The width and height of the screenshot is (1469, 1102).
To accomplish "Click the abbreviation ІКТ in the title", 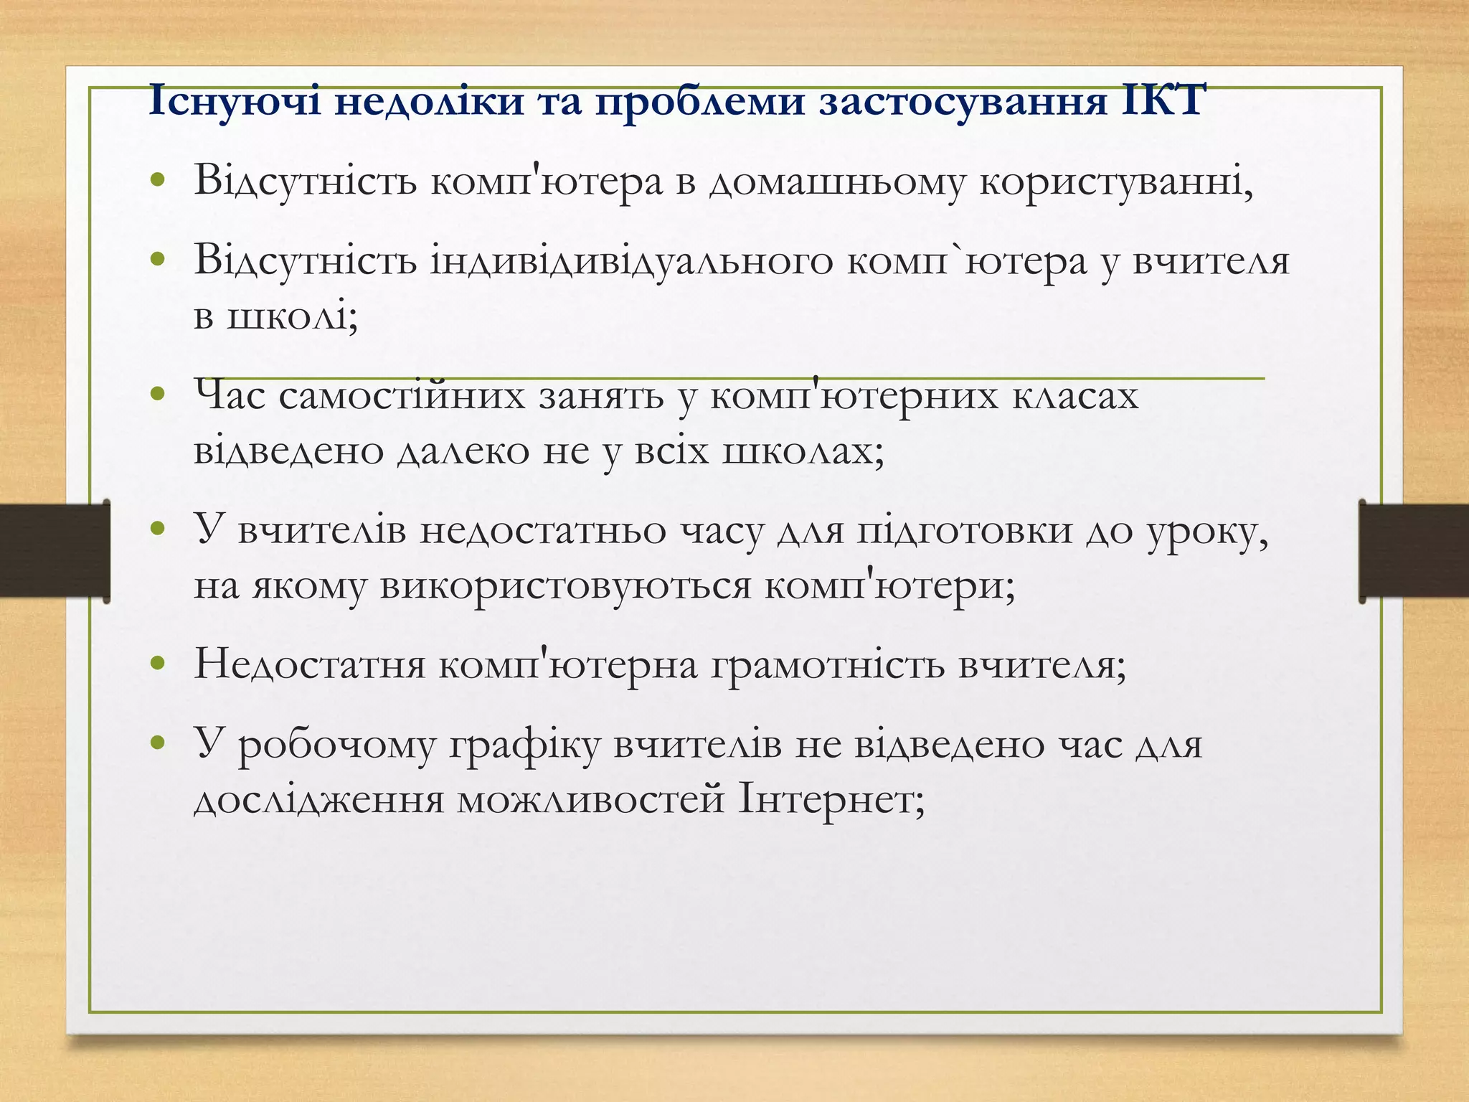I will click(x=1161, y=101).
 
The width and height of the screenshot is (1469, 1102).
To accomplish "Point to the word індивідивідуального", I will click(x=630, y=262).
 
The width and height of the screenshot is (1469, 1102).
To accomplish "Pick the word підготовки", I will click(x=960, y=532).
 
